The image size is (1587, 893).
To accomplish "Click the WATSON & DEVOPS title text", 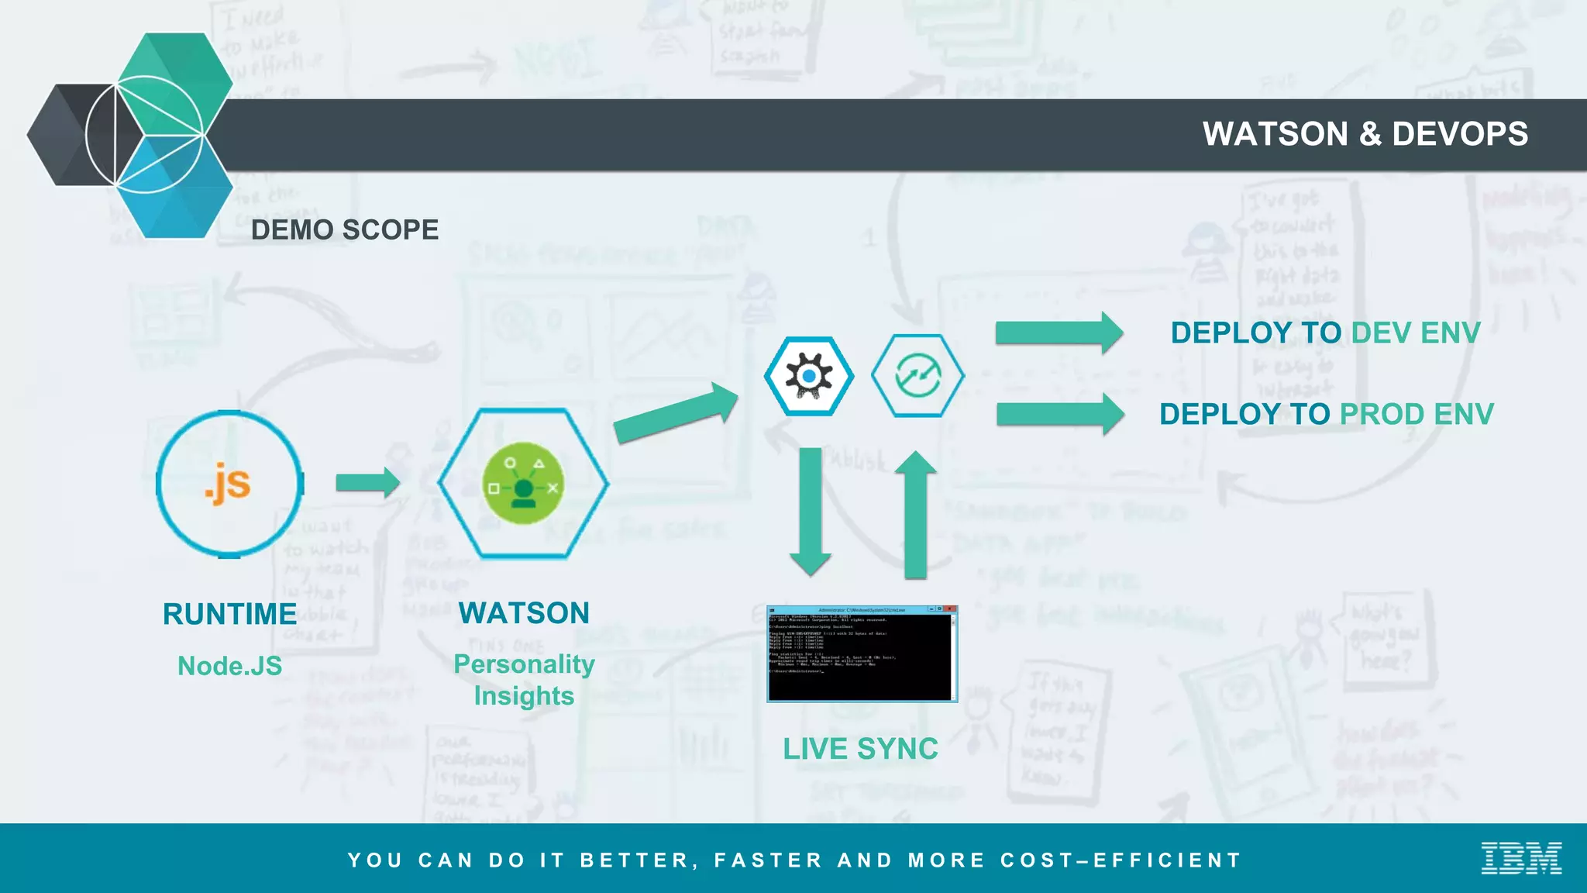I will pos(1365,134).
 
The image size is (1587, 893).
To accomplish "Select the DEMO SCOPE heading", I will pos(345,230).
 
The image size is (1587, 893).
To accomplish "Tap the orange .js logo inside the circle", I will pos(228,484).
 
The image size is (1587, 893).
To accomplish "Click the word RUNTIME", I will pos(229,615).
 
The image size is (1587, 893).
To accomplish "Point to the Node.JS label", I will pos(229,666).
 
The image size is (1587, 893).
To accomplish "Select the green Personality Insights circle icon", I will pos(523,484).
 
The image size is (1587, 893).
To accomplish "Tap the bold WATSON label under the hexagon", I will pos(524,613).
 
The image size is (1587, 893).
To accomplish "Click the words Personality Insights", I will pos(524,680).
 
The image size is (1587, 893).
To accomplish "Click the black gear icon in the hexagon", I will pos(809,376).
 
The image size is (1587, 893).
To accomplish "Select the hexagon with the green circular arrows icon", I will pos(917,376).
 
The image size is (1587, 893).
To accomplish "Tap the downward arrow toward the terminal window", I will pos(811,512).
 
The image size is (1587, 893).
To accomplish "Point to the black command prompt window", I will pos(862,654).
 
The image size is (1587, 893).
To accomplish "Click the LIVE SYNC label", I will pos(860,749).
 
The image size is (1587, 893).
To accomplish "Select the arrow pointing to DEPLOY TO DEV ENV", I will pos(1059,333).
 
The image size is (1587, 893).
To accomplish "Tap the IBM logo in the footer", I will pos(1520,858).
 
